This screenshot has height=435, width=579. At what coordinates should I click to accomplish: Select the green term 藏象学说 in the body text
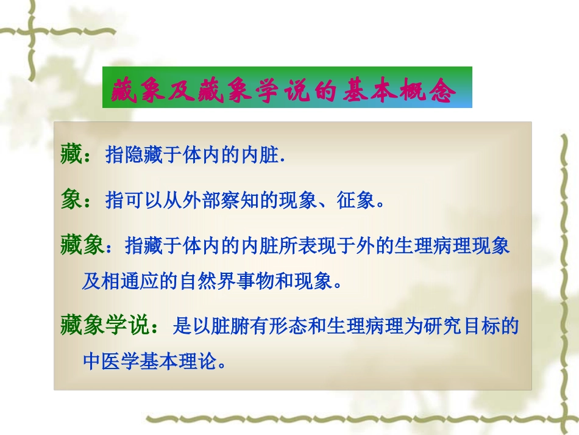104,326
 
